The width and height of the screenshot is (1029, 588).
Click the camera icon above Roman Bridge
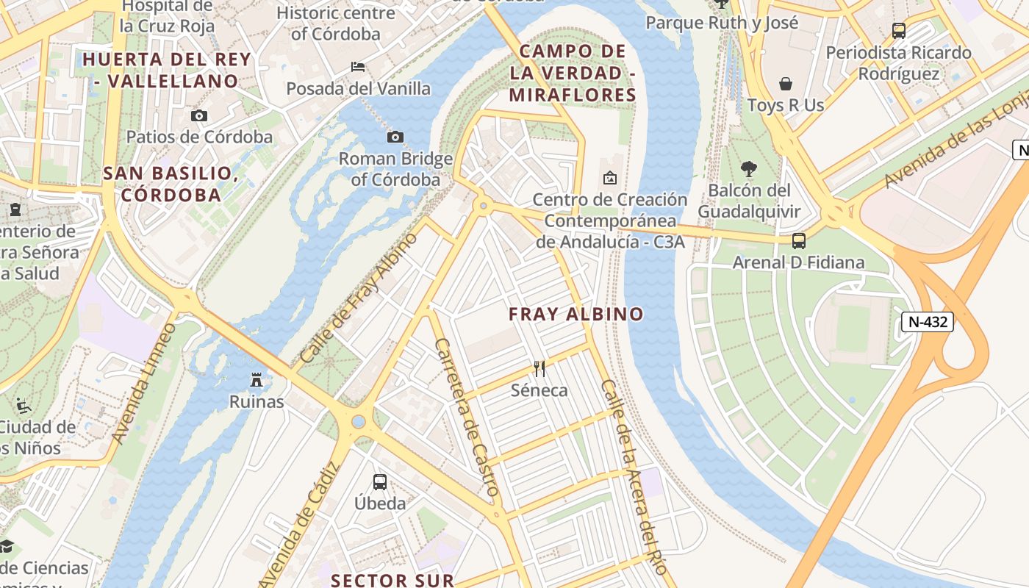point(395,137)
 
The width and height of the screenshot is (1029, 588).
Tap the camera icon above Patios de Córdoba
point(198,115)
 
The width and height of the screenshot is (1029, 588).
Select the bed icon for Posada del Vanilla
point(358,67)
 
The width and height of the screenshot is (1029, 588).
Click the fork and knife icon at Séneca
point(539,368)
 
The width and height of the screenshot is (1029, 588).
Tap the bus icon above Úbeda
point(380,482)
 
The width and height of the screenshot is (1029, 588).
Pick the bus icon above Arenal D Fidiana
point(798,241)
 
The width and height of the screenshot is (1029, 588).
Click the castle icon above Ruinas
point(257,380)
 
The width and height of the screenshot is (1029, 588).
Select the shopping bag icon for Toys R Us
point(786,84)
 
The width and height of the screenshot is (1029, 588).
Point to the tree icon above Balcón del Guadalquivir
point(749,169)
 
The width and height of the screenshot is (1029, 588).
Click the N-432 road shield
point(928,322)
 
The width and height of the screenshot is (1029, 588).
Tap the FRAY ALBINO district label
point(576,315)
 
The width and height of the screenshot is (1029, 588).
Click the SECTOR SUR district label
point(392,580)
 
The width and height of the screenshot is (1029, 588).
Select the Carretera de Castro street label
point(467,417)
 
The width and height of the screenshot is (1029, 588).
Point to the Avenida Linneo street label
point(144,384)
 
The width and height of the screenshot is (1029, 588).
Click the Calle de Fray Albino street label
point(359,298)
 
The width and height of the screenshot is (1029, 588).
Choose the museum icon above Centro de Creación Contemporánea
point(609,178)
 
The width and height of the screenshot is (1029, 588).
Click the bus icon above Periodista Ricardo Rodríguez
point(898,31)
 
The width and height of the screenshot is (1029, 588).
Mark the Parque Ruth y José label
point(722,23)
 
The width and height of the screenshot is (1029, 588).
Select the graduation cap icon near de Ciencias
point(7,546)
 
